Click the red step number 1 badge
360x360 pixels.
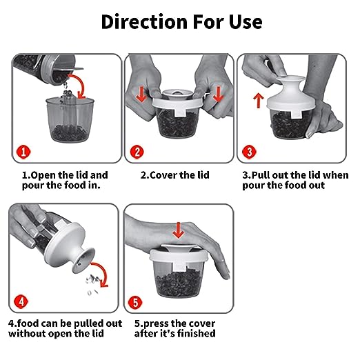point(23,152)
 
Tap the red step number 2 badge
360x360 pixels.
point(137,152)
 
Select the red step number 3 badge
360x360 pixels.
point(249,152)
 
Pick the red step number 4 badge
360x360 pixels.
point(21,301)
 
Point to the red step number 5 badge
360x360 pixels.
point(135,302)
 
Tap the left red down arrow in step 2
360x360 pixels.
point(141,94)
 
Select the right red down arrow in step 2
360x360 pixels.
point(217,94)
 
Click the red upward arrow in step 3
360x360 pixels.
point(259,100)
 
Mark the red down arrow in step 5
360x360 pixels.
point(179,230)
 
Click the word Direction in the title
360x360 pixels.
point(144,21)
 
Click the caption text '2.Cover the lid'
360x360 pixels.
point(175,175)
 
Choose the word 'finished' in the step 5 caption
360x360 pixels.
point(197,333)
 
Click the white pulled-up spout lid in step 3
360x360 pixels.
point(290,97)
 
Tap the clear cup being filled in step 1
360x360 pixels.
point(70,119)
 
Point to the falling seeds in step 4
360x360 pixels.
point(92,285)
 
